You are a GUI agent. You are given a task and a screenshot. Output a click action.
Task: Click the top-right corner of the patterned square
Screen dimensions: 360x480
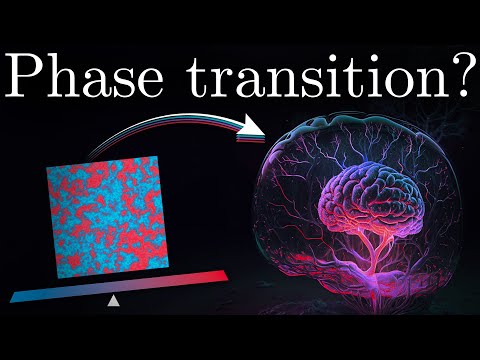click(156, 156)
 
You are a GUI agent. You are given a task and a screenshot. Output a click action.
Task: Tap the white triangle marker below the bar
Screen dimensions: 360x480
click(114, 299)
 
